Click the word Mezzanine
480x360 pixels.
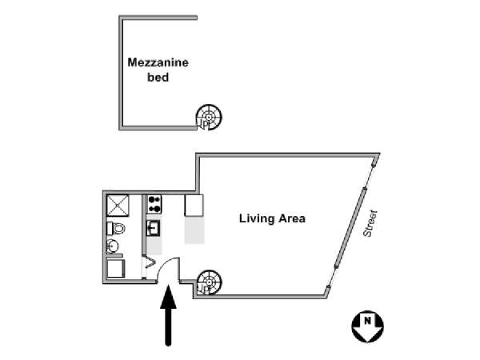pos(158,62)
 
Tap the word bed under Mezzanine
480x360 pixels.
pos(158,77)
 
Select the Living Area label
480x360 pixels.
pos(272,218)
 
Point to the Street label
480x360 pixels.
pos(370,223)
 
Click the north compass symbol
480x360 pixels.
pos(367,326)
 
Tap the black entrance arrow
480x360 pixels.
pos(168,315)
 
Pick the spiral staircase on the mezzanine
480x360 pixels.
pos(209,118)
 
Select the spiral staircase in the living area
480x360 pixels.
pos(209,282)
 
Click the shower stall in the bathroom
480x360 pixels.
pos(118,206)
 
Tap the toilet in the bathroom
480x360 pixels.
pos(116,228)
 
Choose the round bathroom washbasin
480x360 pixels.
pos(112,246)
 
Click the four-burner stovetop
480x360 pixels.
pos(154,205)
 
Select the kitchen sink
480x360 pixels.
pos(153,228)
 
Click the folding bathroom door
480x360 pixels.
pos(149,262)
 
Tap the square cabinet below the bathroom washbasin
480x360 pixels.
pos(116,269)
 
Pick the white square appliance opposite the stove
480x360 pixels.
pos(194,205)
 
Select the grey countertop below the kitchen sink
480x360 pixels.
pos(154,246)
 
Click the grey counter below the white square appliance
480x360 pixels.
pos(194,230)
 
